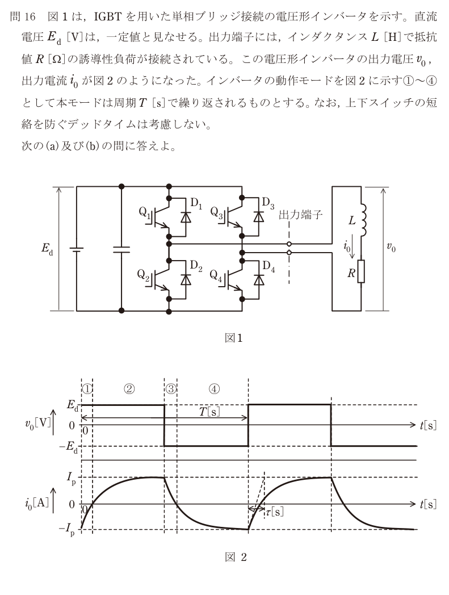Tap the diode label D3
tap(268, 203)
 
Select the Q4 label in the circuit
tap(216, 275)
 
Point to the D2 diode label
tap(196, 266)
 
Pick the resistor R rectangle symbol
tap(360, 271)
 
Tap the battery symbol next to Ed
tap(76, 249)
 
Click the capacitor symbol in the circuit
tap(121, 249)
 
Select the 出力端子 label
tap(301, 215)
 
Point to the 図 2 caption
tap(236, 556)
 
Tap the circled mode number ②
tap(129, 388)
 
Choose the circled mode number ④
tap(214, 388)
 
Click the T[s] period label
tap(209, 412)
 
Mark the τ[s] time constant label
tap(274, 512)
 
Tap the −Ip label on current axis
tap(68, 529)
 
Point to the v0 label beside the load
tap(391, 248)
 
